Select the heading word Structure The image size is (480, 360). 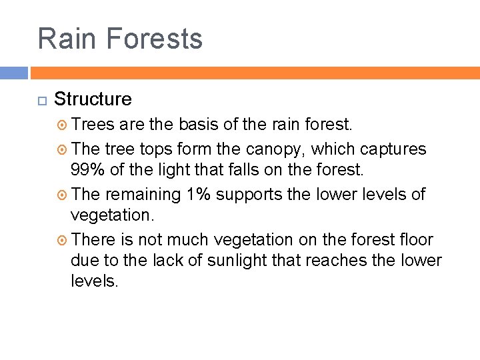click(x=93, y=99)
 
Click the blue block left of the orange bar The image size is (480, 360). click(x=13, y=73)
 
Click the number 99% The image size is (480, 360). click(x=87, y=170)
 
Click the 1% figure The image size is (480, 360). click(x=200, y=194)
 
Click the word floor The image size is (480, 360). click(x=415, y=239)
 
